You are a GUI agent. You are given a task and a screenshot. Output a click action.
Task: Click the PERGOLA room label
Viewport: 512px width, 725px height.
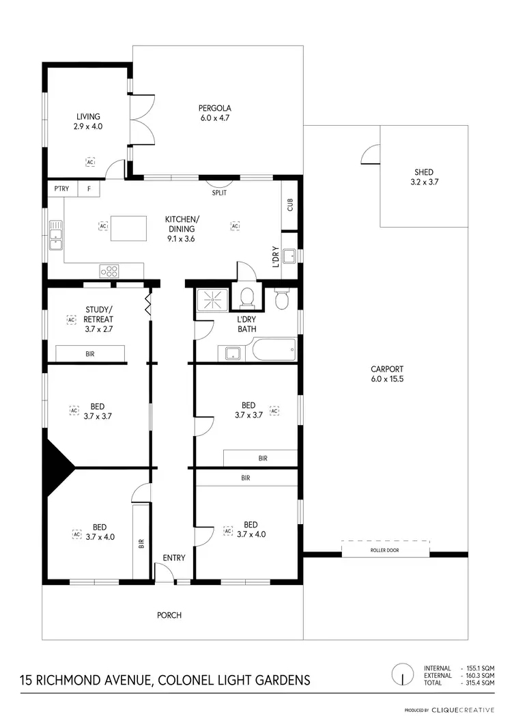215,108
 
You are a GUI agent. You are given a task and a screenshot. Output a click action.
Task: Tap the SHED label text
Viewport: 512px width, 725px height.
423,172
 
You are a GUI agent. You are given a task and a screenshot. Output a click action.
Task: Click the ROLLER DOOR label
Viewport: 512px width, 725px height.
385,549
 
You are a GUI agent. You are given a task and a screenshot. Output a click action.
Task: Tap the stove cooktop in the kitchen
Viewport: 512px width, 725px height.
109,271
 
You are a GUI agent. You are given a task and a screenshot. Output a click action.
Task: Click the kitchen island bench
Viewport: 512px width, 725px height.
128,227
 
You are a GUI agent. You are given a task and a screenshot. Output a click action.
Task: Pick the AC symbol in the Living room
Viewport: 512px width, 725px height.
89,162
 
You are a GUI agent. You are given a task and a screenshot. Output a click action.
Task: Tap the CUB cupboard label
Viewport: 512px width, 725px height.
289,204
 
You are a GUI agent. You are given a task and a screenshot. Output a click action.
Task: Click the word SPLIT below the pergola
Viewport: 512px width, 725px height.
219,193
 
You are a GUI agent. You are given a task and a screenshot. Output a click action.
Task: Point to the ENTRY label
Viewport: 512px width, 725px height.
174,558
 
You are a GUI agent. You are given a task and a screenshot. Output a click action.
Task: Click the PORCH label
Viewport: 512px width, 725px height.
169,615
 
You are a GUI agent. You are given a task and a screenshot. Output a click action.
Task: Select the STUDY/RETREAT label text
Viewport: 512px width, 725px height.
98,314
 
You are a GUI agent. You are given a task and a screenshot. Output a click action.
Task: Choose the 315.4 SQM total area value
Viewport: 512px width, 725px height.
479,683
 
